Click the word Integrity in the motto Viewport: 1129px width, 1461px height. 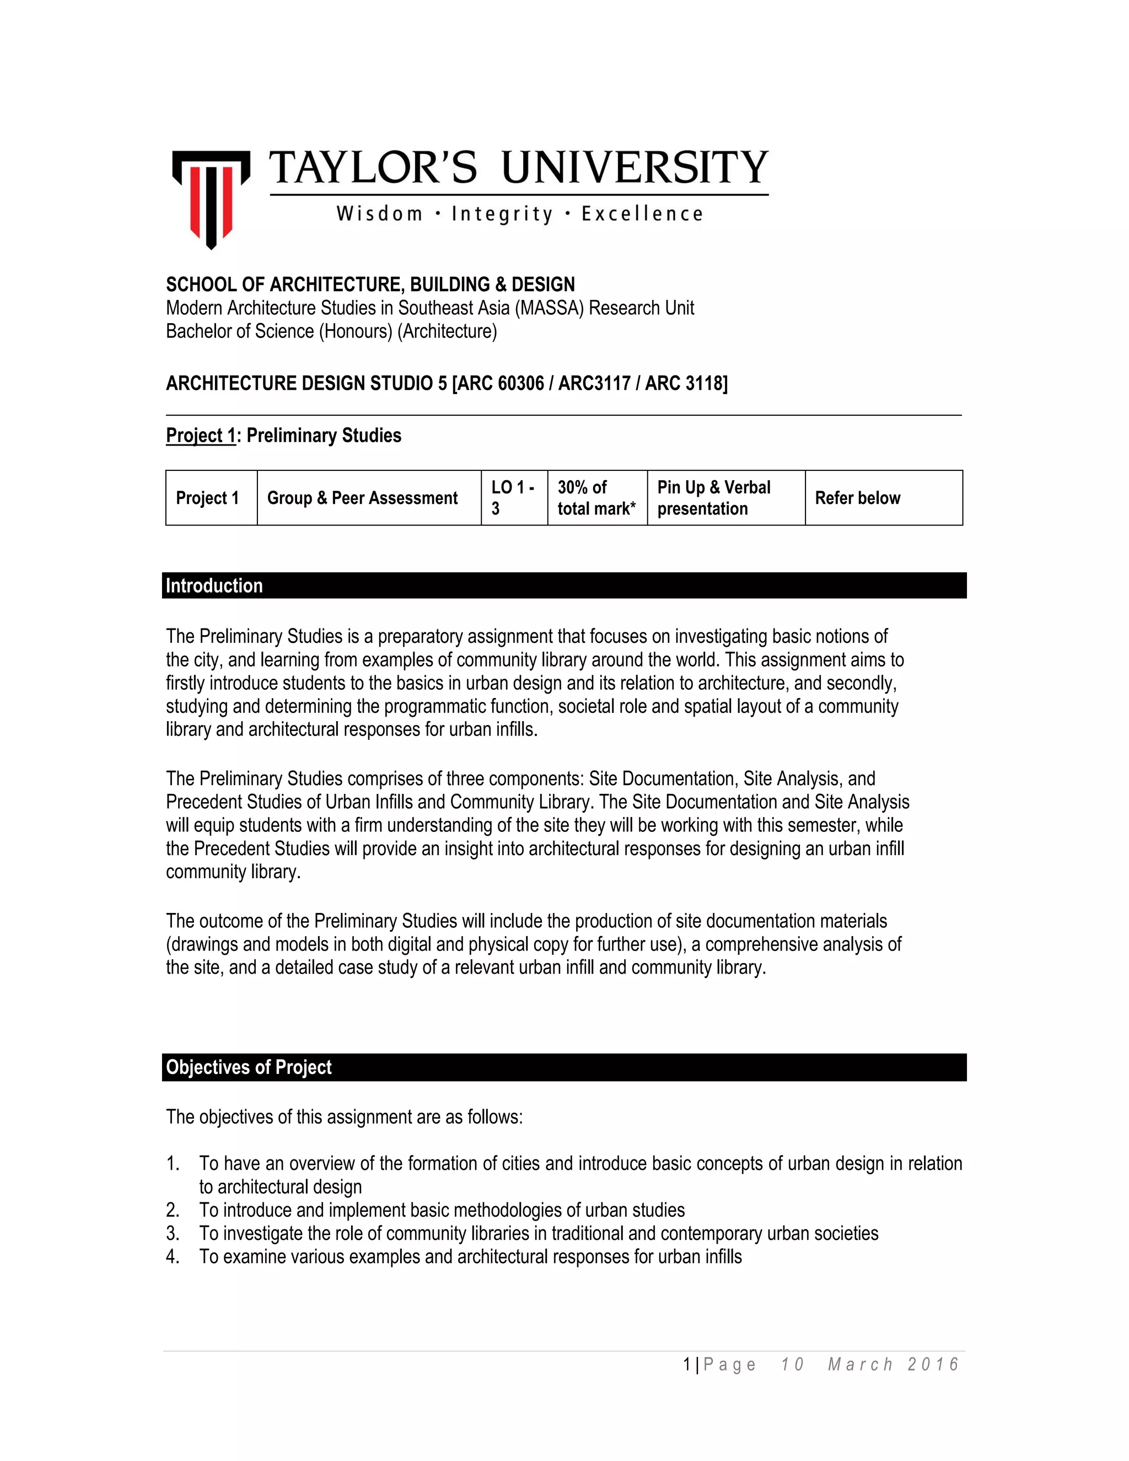coord(502,214)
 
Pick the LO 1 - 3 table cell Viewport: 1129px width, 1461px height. coord(513,498)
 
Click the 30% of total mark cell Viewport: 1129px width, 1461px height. coord(596,498)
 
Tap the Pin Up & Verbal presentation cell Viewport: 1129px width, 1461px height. coord(725,498)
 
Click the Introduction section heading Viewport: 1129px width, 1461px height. coord(214,586)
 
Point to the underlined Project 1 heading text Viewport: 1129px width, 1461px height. coord(201,436)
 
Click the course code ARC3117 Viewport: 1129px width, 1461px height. coord(595,383)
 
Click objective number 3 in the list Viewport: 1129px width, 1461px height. coord(173,1233)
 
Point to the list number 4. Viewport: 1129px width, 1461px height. coord(173,1257)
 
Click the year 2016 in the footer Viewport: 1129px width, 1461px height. coord(933,1365)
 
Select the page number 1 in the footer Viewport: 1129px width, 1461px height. coord(687,1365)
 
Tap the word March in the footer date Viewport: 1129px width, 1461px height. coord(860,1365)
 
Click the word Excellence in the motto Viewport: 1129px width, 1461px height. coord(642,214)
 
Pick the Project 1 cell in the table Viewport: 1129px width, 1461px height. coord(207,498)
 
